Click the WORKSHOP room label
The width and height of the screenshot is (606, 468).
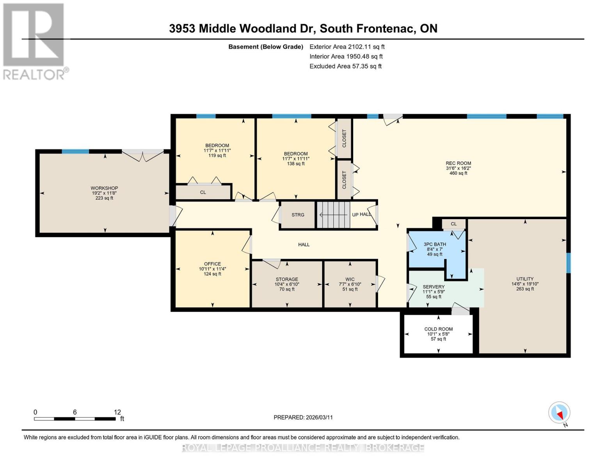coord(104,188)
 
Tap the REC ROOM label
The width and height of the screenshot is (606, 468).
coord(458,163)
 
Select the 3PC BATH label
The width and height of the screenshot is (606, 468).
coord(435,245)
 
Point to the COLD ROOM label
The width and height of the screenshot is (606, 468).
coord(438,329)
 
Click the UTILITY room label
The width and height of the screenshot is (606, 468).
coord(525,279)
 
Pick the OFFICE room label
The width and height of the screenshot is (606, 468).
coord(212,264)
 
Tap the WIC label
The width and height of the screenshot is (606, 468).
coord(350,279)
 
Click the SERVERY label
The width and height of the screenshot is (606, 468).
coord(433,287)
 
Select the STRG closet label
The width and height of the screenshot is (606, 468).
coord(298,215)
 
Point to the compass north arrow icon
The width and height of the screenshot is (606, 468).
coord(559,413)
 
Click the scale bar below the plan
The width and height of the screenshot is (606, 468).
coord(75,419)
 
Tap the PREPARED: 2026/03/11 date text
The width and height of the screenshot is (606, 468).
coord(303,417)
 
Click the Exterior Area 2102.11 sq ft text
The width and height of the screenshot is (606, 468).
coord(347,47)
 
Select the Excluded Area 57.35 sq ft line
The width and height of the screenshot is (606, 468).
coord(345,66)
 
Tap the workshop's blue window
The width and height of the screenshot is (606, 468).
coord(75,152)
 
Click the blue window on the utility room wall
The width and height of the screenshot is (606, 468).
coord(568,263)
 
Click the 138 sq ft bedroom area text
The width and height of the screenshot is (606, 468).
coord(296,164)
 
